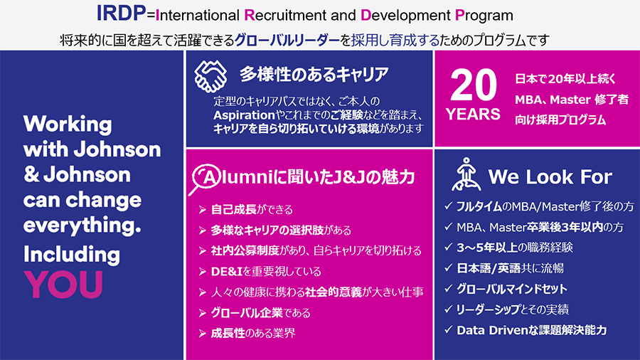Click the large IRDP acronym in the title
pos(121,14)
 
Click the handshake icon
pos(210,76)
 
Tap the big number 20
pos(474,85)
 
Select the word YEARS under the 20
pos(473,115)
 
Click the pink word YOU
pos(63,285)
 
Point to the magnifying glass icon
pos(206,179)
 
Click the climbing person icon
pos(466,174)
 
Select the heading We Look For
pos(550,177)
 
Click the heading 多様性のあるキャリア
pos(314,75)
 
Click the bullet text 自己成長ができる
pos(252,210)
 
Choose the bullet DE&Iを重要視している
pos(266,272)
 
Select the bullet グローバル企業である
pos(260,313)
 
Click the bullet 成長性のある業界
pos(253,334)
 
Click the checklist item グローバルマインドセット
pos(512,289)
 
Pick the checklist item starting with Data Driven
pos(531,330)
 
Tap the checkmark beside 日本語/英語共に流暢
pos(448,268)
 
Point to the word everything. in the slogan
pos(82,226)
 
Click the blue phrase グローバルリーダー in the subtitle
pos(287,40)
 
